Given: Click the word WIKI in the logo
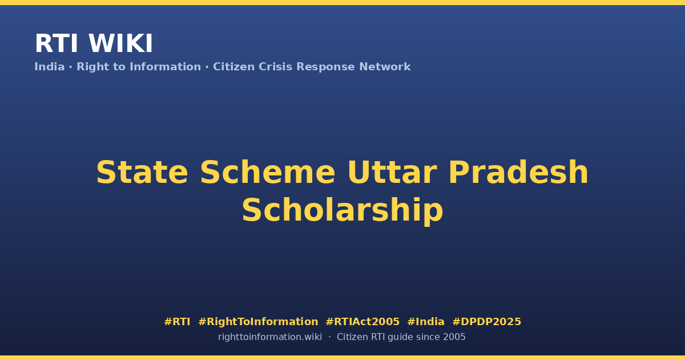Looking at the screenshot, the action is pos(120,43).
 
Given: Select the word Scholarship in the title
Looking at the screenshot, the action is pos(342,211).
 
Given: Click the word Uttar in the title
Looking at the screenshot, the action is pos(392,173).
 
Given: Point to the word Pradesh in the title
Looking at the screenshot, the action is pos(518,173).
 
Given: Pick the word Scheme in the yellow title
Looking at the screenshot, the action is pos(268,173).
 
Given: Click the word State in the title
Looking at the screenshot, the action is pos(142,173).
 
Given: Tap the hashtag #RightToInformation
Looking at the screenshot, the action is pos(258,322).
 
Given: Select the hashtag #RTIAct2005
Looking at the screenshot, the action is pos(362,322).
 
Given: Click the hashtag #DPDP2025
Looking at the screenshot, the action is pos(486,322).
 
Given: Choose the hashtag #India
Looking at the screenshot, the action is pos(426,322).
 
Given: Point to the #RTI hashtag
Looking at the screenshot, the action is pos(177,322).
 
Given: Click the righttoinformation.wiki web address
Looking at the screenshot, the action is pos(270,337).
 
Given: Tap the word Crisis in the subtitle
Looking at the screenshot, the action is pos(276,67).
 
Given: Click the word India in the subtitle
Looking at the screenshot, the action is pos(50,67).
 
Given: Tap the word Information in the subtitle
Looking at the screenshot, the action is pos(166,67).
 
